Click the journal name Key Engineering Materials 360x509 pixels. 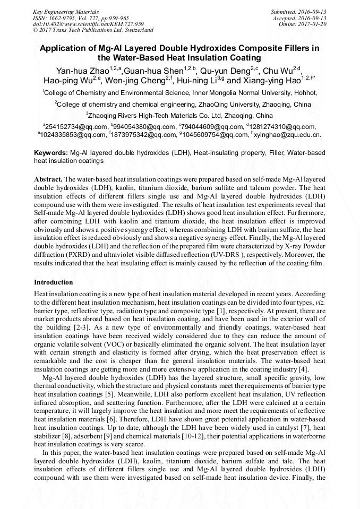point(66,12)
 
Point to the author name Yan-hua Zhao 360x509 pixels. point(80,71)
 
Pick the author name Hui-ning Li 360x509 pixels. point(202,81)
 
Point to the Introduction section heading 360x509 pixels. point(54,282)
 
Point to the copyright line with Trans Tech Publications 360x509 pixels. point(93,30)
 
